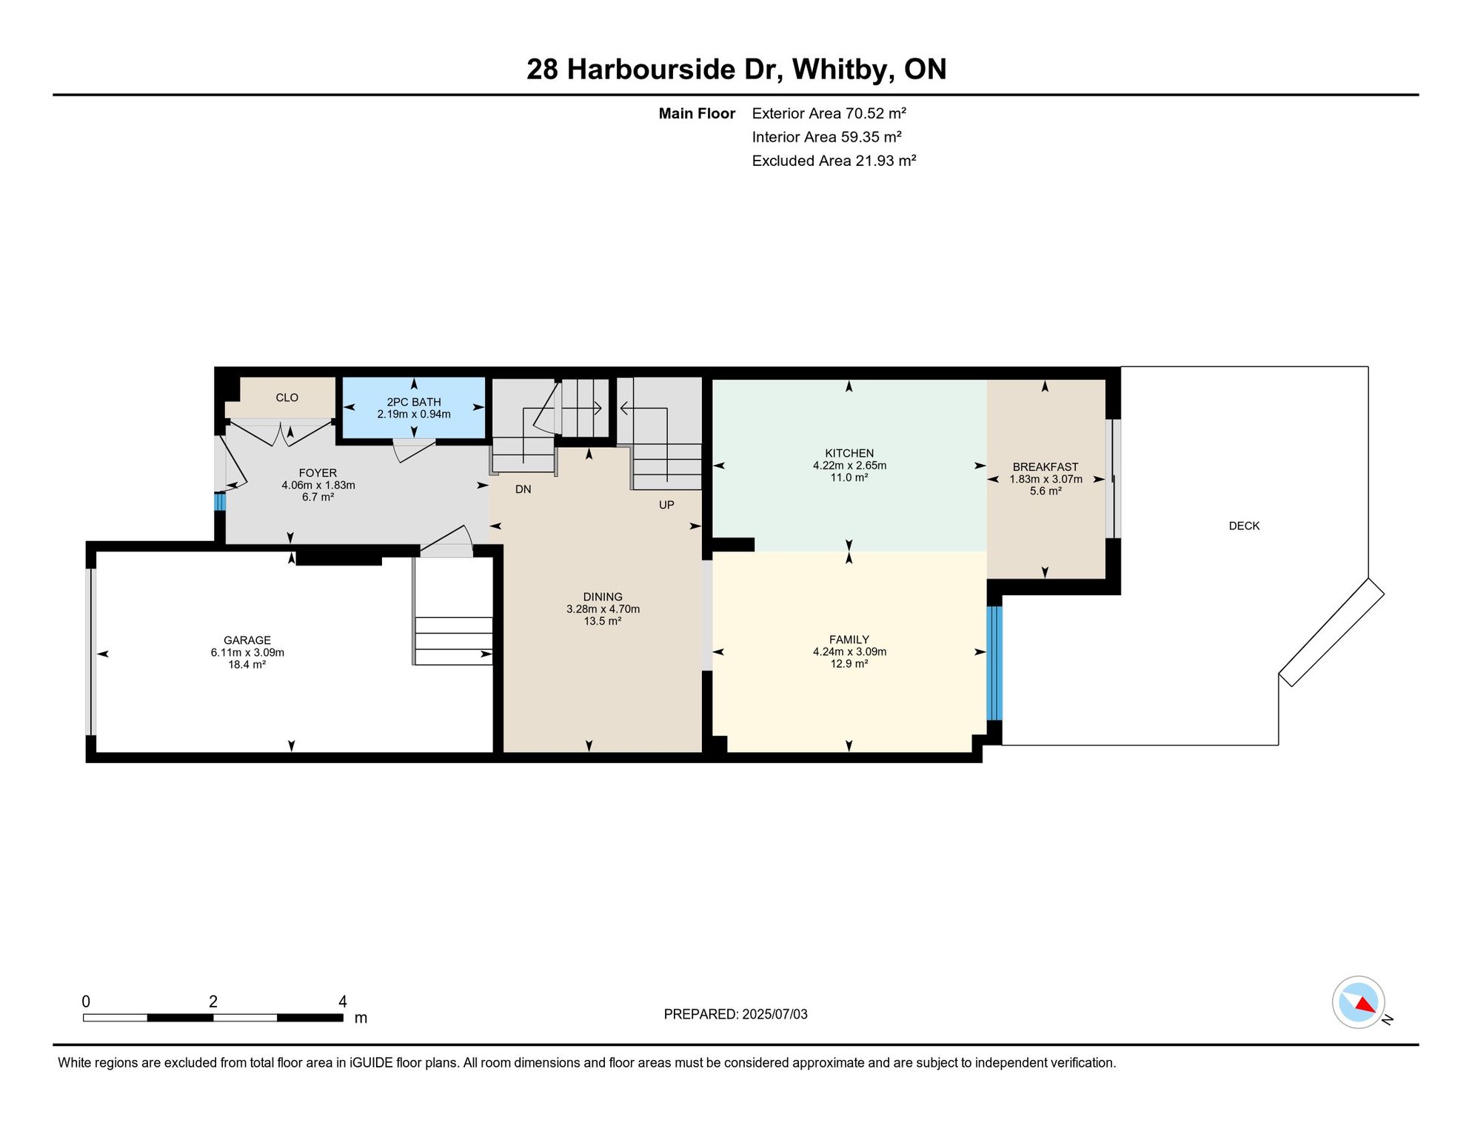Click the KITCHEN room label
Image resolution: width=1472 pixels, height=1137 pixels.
[849, 453]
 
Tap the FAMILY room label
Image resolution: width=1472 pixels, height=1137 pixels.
[849, 640]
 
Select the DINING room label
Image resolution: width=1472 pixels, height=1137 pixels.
[603, 597]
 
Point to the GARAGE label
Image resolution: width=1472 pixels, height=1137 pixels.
[247, 640]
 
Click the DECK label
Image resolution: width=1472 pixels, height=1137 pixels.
[1244, 526]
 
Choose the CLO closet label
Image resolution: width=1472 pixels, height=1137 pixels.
[287, 398]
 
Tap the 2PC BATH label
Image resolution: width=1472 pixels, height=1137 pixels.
[414, 402]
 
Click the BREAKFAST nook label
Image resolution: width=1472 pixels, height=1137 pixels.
[1046, 467]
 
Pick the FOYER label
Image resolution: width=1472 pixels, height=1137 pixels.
[318, 473]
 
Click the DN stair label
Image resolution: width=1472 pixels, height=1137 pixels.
[523, 489]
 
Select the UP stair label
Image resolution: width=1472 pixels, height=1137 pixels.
[666, 505]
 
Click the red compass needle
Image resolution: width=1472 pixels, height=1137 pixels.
[1365, 1004]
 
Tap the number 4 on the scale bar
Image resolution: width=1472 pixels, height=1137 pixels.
[343, 1002]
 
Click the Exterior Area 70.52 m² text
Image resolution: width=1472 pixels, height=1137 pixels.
[829, 113]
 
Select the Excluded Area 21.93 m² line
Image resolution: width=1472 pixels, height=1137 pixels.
[834, 161]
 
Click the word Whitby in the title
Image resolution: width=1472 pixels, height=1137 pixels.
[840, 70]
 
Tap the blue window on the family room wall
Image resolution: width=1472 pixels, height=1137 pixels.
[994, 663]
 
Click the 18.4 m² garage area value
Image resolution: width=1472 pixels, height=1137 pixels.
[247, 665]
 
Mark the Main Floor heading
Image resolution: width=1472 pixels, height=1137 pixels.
[697, 113]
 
